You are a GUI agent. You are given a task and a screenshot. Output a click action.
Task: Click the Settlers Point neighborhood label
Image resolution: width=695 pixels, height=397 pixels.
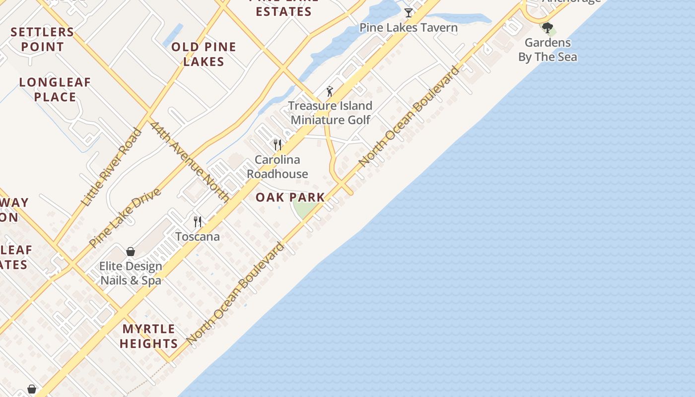click(42, 39)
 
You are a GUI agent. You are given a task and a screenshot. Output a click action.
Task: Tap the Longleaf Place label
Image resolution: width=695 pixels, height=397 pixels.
click(55, 89)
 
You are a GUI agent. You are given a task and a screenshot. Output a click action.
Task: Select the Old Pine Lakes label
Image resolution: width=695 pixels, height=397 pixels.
click(204, 54)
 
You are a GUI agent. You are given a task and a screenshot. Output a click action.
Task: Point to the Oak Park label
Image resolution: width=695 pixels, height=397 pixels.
click(290, 197)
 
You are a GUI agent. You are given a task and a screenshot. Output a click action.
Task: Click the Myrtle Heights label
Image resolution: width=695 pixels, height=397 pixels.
click(148, 336)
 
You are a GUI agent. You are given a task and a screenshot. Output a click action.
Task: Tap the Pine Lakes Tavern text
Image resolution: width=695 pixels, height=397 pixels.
click(409, 27)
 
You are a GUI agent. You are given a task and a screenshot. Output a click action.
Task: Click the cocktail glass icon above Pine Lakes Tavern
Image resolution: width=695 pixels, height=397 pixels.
click(409, 13)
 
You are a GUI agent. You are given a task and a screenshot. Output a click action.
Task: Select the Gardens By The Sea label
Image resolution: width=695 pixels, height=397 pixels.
click(548, 50)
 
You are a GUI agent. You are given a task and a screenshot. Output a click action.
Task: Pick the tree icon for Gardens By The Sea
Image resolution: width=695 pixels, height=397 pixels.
click(548, 28)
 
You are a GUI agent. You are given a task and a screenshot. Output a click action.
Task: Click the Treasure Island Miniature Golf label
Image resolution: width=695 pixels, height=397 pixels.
click(331, 113)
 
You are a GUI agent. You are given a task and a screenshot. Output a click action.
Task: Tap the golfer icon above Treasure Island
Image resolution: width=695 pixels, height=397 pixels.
click(330, 91)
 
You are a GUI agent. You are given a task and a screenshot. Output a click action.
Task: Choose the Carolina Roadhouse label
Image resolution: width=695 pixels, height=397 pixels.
click(278, 167)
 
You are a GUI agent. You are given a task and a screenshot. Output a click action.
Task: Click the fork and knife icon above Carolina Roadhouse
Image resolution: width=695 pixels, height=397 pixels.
click(278, 145)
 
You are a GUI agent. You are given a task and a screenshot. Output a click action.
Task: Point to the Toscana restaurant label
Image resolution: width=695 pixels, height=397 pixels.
click(198, 237)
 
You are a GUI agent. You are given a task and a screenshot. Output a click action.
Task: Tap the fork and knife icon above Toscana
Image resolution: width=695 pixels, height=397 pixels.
click(198, 221)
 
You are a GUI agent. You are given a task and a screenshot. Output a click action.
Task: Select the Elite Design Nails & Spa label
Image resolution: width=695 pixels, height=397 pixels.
click(131, 273)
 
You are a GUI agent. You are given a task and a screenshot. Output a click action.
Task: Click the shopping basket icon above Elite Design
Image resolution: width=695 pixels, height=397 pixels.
click(131, 252)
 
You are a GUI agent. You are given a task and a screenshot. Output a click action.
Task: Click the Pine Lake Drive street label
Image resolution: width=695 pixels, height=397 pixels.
click(125, 217)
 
